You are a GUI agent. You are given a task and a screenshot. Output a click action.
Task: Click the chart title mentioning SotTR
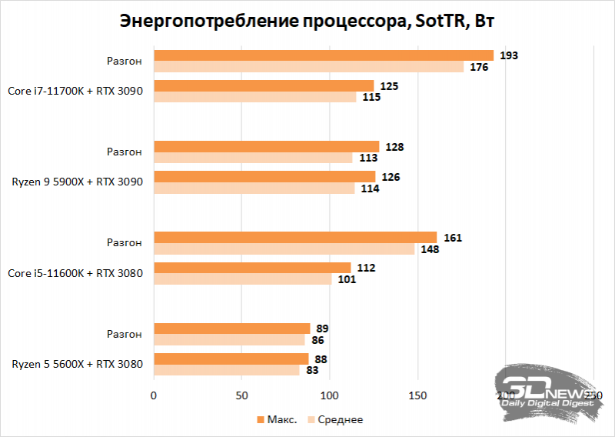point(307,22)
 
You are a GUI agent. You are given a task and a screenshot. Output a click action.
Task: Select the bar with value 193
point(324,55)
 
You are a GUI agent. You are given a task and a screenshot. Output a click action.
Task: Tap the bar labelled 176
point(308,67)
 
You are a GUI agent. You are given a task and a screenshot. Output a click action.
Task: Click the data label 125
point(389,85)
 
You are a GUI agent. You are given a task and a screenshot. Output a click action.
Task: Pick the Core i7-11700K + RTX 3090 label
point(75,90)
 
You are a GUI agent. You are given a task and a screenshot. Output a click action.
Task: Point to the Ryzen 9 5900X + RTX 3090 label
point(77,182)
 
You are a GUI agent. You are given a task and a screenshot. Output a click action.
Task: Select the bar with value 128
point(267,146)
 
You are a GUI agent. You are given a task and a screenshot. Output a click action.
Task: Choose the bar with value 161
point(295,237)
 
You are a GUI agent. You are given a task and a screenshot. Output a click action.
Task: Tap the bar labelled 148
point(284,249)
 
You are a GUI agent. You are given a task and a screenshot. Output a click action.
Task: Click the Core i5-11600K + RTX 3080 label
point(75,273)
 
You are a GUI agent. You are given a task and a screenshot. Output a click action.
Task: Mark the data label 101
point(348,279)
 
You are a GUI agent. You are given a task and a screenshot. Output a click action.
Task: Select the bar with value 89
point(232,328)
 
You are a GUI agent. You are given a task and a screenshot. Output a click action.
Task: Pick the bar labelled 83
point(227,370)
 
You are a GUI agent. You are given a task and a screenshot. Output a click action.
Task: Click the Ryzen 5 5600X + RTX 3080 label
point(77,364)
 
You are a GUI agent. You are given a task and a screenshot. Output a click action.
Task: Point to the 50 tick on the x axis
point(241,395)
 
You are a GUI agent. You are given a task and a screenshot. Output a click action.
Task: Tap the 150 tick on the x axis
point(417,395)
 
